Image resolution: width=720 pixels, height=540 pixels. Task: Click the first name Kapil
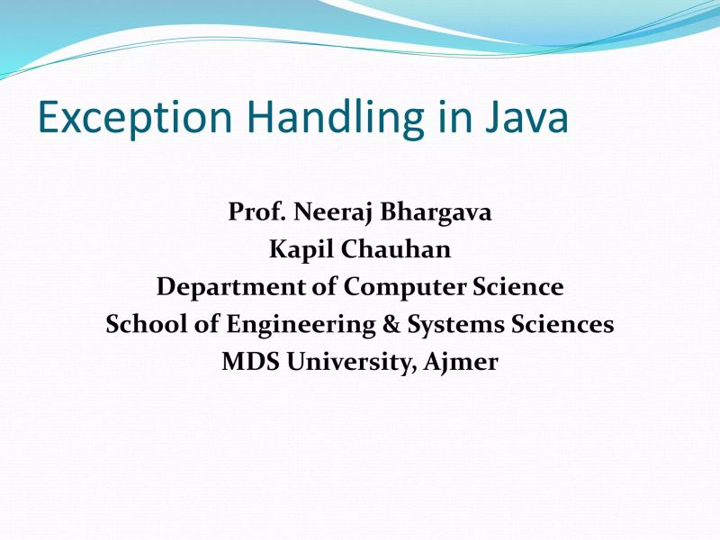click(x=298, y=250)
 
